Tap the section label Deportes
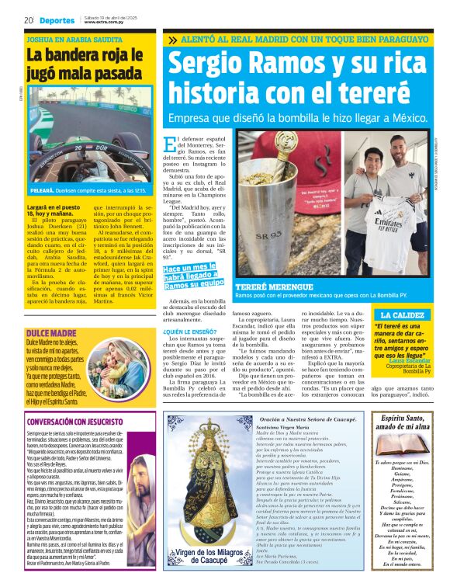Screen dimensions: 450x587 tap(57, 20)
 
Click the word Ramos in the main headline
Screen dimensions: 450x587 tap(279, 64)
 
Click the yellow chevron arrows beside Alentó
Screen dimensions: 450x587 tap(171, 38)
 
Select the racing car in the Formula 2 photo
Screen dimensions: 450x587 tap(85, 148)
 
